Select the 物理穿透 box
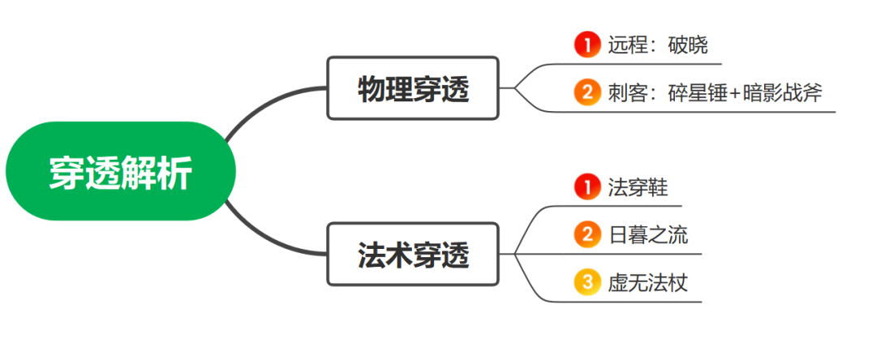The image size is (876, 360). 413,88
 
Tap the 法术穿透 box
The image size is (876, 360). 413,255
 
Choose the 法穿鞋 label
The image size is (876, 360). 638,187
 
